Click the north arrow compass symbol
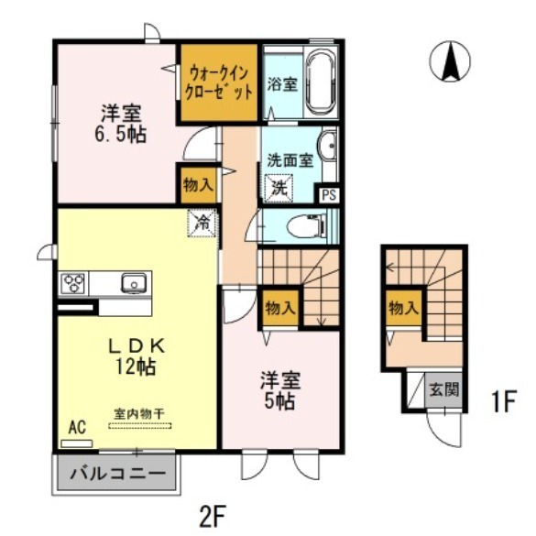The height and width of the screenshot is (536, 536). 450,62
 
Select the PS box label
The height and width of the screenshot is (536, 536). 329,194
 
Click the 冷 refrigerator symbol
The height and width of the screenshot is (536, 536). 203,222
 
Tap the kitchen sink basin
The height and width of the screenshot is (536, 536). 134,283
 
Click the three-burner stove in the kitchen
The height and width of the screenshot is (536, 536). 74,283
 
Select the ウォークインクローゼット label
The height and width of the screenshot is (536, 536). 218,81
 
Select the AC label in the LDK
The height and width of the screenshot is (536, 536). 78,427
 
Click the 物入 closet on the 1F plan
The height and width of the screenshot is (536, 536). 402,309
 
